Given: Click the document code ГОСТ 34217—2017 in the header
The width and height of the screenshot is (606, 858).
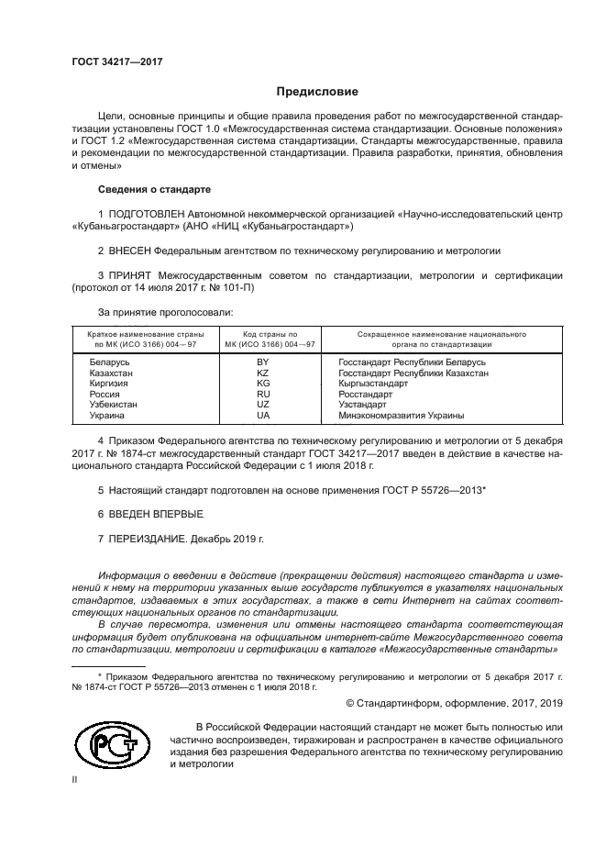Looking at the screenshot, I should coord(116,62).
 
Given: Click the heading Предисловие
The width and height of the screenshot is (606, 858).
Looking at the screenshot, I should coord(317,92).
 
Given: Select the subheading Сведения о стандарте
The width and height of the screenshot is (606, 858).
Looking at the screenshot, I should coord(154,189).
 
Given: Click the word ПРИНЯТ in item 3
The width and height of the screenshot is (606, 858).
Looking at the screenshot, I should coord(129,274).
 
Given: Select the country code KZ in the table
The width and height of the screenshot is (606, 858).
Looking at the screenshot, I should coord(262,373).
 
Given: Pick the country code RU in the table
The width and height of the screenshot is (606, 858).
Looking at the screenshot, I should coord(262,395).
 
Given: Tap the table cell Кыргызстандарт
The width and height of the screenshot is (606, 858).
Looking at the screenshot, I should coord(372,384).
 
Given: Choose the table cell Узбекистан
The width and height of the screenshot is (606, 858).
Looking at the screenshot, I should coord(114,405).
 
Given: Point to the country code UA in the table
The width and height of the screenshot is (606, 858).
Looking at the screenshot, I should coord(262,416).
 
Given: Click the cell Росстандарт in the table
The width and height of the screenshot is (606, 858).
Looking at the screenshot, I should coord(365,395).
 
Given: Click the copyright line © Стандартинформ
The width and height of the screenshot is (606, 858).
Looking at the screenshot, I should coord(454,703).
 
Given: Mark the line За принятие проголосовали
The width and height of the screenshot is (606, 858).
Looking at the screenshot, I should coord(159,313).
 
